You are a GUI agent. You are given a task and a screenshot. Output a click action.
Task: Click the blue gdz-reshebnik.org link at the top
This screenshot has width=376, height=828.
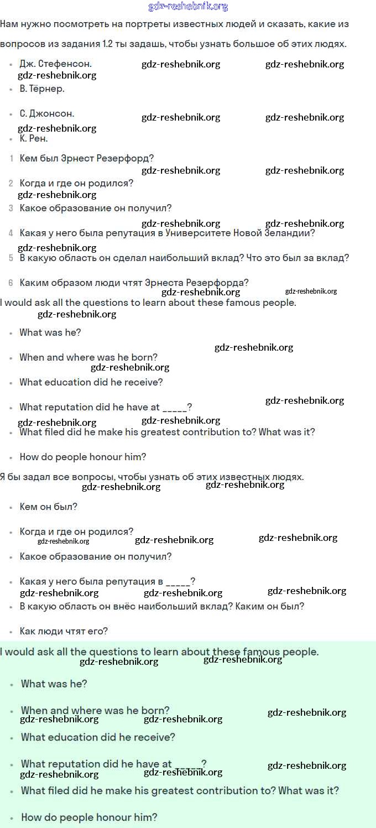click(188, 7)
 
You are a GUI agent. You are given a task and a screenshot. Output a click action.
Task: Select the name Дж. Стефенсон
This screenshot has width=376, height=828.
click(55, 64)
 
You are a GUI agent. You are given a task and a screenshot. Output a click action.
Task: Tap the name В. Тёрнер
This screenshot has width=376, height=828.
click(42, 88)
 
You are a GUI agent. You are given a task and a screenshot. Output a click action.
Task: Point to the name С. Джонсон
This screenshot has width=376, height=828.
click(47, 113)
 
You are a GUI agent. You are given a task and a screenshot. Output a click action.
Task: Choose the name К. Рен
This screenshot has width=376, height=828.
click(34, 138)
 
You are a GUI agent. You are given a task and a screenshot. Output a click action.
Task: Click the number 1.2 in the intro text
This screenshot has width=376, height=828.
click(109, 44)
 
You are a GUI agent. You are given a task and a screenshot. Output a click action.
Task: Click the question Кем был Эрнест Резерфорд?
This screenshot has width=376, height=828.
click(87, 158)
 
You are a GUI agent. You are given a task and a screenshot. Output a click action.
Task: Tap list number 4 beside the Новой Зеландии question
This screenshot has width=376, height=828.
click(11, 233)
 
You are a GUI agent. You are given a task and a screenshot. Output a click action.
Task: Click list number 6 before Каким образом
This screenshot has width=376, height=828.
click(11, 283)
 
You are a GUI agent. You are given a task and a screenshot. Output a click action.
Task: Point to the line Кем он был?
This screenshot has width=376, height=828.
click(49, 507)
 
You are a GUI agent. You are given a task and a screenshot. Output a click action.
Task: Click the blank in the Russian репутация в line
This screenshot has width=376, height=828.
click(177, 582)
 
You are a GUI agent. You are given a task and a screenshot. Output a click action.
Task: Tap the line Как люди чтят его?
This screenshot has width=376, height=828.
click(64, 631)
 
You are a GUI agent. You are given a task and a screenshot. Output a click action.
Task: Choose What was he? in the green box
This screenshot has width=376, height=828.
click(54, 684)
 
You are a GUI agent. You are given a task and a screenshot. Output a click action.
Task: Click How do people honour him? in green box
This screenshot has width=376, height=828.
click(89, 817)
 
